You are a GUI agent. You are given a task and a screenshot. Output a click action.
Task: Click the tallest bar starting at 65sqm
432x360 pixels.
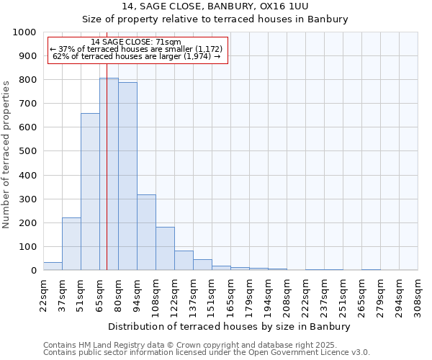[x=109, y=174]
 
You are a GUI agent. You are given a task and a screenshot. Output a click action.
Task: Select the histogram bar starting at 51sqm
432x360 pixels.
[x=90, y=192]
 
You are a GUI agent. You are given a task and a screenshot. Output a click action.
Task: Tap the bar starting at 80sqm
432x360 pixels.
[x=127, y=176]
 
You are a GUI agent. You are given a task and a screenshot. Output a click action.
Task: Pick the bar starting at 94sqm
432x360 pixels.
[x=146, y=232]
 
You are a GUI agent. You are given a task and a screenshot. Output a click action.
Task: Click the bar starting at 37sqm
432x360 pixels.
[x=71, y=243]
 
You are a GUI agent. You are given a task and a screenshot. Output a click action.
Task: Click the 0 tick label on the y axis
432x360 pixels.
[x=33, y=270]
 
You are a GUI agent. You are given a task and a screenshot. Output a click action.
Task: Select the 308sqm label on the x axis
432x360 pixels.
[x=418, y=296]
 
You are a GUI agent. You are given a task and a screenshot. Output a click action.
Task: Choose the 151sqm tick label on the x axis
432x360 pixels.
[x=212, y=296]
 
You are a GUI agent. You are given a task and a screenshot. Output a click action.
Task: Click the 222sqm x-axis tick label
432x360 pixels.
[x=305, y=296]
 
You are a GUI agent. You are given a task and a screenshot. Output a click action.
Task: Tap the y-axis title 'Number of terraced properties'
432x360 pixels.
[x=6, y=154]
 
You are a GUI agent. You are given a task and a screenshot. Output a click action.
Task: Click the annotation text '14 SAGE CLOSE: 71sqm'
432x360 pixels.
[x=136, y=42]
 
